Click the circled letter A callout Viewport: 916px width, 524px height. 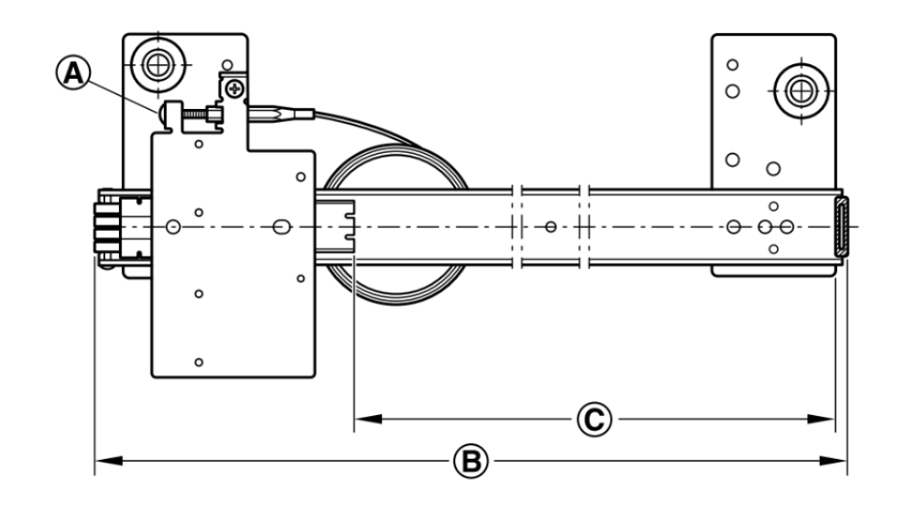[x=73, y=73]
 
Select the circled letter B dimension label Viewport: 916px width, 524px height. [x=471, y=461]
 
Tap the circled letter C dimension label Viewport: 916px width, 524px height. [x=594, y=420]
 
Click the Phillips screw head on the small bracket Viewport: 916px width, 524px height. [x=235, y=89]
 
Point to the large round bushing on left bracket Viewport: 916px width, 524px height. [x=158, y=64]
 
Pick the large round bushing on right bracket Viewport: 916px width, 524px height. [x=801, y=91]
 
